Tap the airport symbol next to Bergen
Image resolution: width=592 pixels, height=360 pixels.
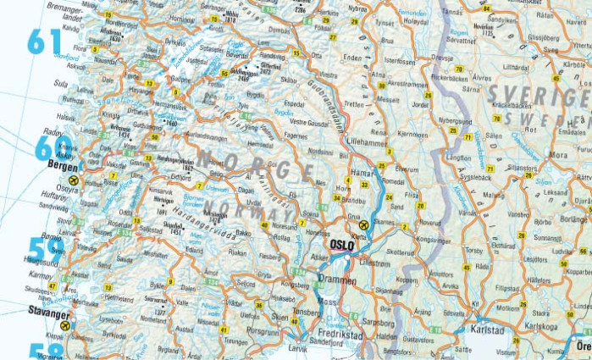pyautogui.click(x=75, y=180)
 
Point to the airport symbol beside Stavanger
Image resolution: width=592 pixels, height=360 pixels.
pyautogui.click(x=63, y=324)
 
